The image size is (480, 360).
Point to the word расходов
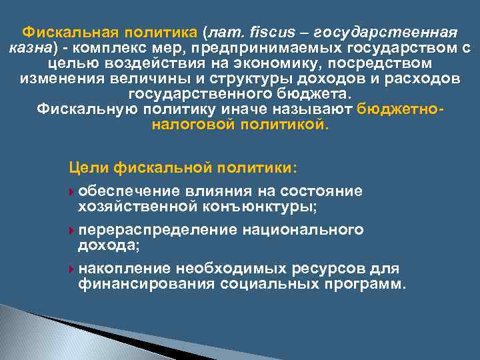[421, 79]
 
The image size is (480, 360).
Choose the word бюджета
[313, 94]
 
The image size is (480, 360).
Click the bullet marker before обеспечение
[72, 193]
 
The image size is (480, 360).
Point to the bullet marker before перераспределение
[72, 231]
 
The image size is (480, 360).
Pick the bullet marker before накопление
[72, 270]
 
